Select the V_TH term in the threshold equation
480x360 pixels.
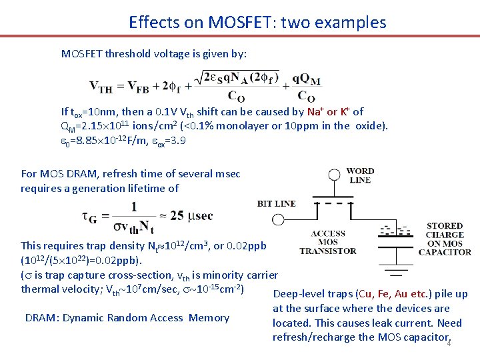click(101, 86)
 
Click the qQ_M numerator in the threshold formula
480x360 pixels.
click(307, 81)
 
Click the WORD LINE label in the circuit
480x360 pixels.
click(360, 175)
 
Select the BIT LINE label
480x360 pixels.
click(276, 203)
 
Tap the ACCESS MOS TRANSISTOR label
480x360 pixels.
click(328, 242)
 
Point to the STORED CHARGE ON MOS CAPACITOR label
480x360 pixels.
click(445, 239)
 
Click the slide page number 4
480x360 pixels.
click(449, 343)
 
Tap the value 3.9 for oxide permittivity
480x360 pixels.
click(178, 141)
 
